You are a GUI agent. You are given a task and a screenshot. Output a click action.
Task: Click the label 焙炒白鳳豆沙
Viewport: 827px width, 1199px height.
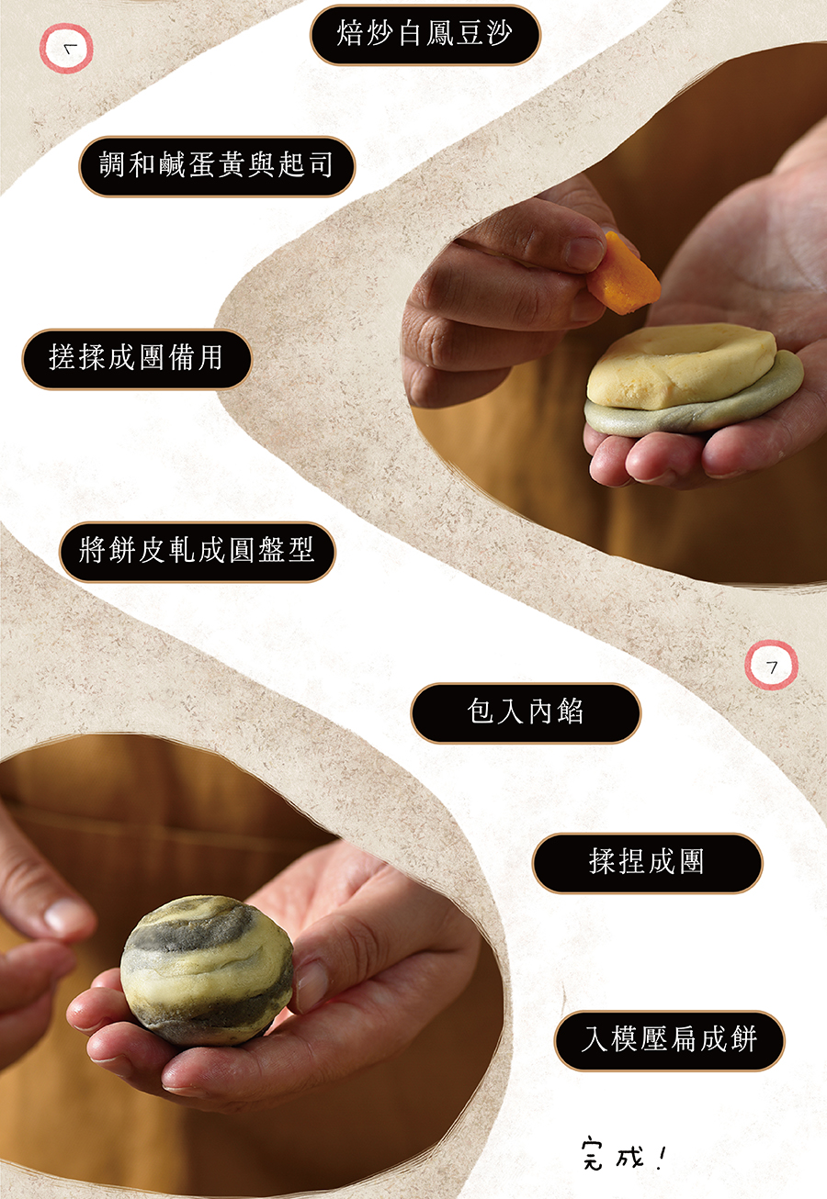pyautogui.click(x=425, y=35)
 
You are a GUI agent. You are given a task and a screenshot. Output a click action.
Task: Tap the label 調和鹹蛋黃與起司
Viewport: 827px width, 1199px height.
pyautogui.click(x=217, y=166)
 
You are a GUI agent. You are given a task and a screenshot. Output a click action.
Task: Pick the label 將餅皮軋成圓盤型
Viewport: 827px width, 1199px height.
pyautogui.click(x=198, y=552)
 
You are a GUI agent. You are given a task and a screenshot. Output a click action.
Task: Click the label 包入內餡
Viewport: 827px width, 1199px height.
pyautogui.click(x=526, y=713)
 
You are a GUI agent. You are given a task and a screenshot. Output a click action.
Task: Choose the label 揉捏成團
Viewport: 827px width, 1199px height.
pyautogui.click(x=647, y=863)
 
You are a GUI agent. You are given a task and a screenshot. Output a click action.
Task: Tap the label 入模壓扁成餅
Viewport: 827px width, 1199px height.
pyautogui.click(x=669, y=1040)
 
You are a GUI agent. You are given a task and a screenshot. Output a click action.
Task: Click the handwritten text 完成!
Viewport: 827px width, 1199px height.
pyautogui.click(x=623, y=1160)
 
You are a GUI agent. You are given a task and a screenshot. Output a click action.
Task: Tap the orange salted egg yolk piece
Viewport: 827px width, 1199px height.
pyautogui.click(x=623, y=273)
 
